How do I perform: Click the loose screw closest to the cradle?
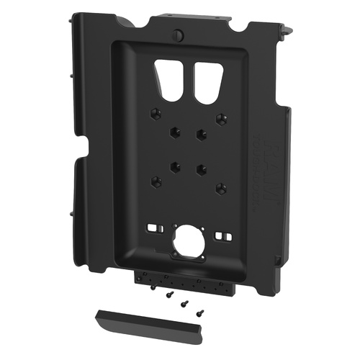pyautogui.click(x=154, y=287)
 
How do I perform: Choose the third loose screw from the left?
pyautogui.click(x=183, y=302)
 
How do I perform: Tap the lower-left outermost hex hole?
pyautogui.click(x=153, y=179)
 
